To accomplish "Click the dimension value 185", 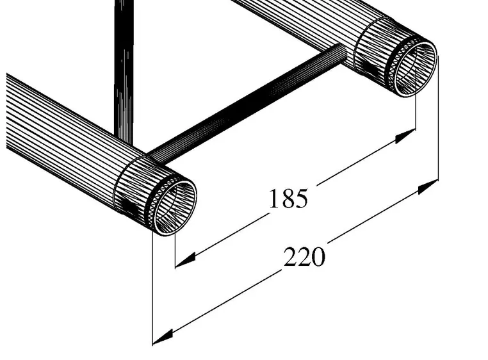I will click(x=288, y=199).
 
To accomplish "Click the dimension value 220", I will click(x=305, y=258).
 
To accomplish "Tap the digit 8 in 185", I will click(x=288, y=199).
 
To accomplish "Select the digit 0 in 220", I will click(x=319, y=258).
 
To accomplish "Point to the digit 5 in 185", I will click(x=301, y=199).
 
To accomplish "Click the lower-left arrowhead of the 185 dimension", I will click(x=184, y=260).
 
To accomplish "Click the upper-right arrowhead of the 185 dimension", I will click(x=406, y=136).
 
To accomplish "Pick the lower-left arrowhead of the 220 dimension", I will click(x=163, y=334).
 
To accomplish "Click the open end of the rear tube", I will click(x=413, y=67).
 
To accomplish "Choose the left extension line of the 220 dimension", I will click(x=152, y=288).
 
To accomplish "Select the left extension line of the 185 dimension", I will click(x=175, y=250).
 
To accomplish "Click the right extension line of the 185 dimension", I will click(x=416, y=115).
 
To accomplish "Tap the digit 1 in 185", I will click(x=273, y=199).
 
